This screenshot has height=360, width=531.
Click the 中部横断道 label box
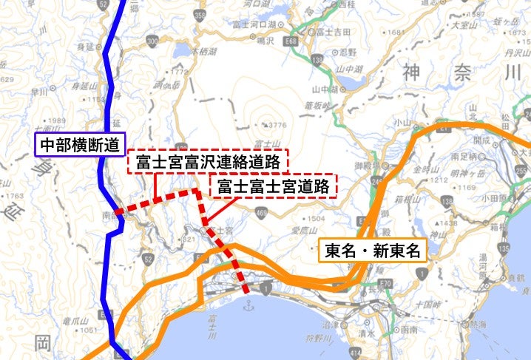pyautogui.click(x=80, y=143)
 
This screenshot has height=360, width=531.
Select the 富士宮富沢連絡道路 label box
pyautogui.click(x=208, y=160)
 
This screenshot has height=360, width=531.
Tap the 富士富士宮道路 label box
pyautogui.click(x=274, y=186)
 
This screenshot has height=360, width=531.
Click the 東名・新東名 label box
pyautogui.click(x=373, y=251)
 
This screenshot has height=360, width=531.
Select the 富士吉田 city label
pyautogui.click(x=333, y=32)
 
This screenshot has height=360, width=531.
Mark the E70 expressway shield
pyautogui.click(x=384, y=284)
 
